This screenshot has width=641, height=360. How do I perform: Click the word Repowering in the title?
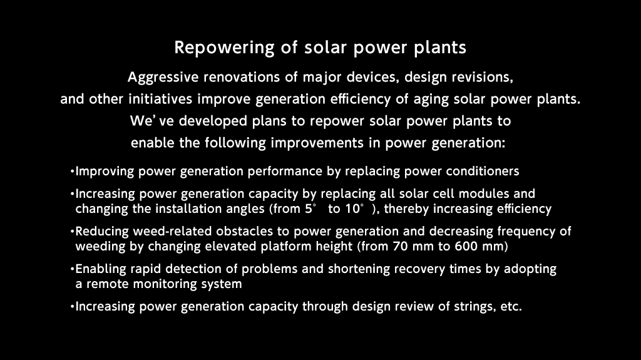(x=224, y=48)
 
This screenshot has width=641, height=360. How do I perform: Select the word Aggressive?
(x=163, y=77)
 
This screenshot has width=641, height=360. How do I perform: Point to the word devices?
(x=373, y=77)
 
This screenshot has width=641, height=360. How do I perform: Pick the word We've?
(x=151, y=121)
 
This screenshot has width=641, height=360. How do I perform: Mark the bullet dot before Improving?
(x=73, y=172)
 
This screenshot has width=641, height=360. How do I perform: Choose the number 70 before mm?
(x=399, y=246)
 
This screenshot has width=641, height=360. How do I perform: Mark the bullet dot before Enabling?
(x=73, y=269)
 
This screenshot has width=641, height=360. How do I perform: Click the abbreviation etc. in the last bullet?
(x=511, y=307)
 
